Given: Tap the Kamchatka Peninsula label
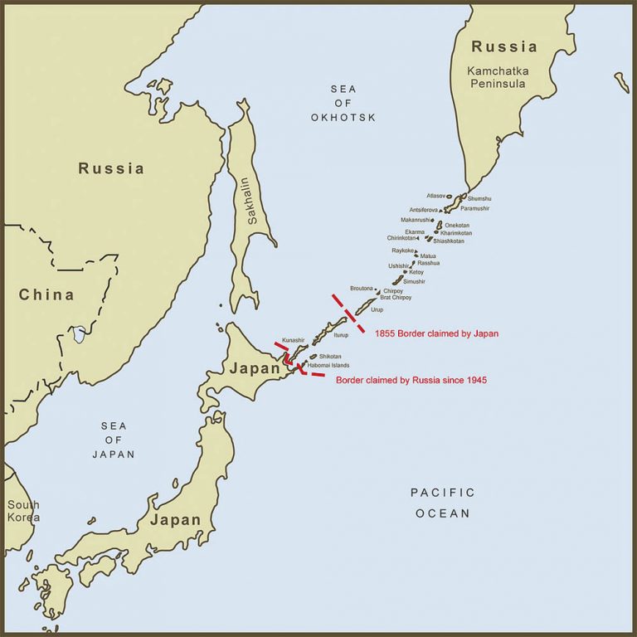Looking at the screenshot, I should coord(498,77).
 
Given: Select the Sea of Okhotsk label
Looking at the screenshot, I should coord(343,103).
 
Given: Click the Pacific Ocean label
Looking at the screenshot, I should coord(443,503).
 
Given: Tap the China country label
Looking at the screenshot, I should coord(46,294).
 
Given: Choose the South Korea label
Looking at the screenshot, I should coord(23,511).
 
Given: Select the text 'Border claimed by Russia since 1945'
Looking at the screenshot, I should coord(411,380).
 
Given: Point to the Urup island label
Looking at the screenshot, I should coord(377,309).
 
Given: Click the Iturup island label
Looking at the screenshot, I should coord(341,335).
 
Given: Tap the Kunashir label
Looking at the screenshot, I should coord(294,341).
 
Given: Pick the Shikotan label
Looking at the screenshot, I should coord(331,356).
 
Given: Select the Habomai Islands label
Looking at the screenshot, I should coord(328,365).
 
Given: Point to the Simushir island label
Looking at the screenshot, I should coord(414,282).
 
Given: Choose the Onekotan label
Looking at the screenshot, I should coord(457,226).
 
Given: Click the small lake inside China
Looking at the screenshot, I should coord(79,334).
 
